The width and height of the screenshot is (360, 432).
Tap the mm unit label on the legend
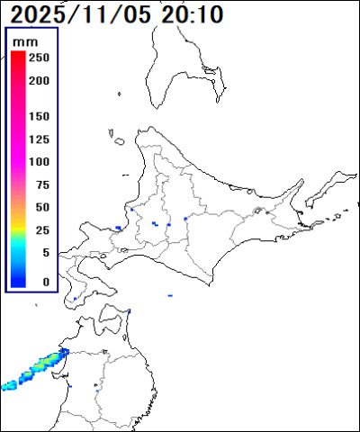tap(33, 40)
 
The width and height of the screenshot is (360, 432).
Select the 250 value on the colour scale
tap(39, 58)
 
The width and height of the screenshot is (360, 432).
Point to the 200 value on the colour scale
tap(39, 80)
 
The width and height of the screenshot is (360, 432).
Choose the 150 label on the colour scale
tap(39, 116)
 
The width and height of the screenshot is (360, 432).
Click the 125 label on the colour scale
tap(39, 139)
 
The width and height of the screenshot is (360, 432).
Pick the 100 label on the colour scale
tap(39, 162)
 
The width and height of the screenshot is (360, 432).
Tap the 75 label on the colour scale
tap(42, 184)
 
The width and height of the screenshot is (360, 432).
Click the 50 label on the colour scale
tap(42, 207)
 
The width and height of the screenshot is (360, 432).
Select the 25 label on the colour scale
tap(42, 229)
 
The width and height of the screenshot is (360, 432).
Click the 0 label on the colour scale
tap(46, 282)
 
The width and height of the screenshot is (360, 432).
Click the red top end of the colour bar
tap(18, 56)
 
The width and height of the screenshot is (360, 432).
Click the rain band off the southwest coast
tap(31, 371)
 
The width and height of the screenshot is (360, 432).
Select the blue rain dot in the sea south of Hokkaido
tap(170, 294)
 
